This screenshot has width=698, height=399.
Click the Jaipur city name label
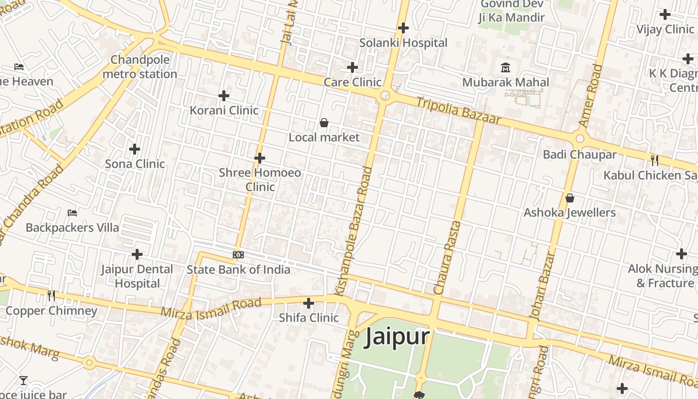pyautogui.click(x=397, y=337)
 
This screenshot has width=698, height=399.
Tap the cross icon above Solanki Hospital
pyautogui.click(x=403, y=28)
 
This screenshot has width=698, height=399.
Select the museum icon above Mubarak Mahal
pyautogui.click(x=506, y=67)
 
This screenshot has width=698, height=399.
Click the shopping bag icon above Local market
pyautogui.click(x=324, y=123)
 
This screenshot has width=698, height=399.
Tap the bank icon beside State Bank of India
pyautogui.click(x=238, y=255)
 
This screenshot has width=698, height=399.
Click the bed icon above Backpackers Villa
pyautogui.click(x=72, y=213)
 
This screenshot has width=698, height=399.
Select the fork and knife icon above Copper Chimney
pyautogui.click(x=51, y=295)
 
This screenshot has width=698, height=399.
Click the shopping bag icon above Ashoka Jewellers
pyautogui.click(x=570, y=198)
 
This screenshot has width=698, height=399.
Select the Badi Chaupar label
pyautogui.click(x=579, y=155)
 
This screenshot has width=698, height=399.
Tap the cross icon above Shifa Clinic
pyautogui.click(x=309, y=303)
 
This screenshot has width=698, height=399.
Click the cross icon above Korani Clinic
pyautogui.click(x=224, y=95)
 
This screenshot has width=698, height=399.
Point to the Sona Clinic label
pyautogui.click(x=135, y=164)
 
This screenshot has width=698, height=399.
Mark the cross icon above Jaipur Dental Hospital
pyautogui.click(x=137, y=255)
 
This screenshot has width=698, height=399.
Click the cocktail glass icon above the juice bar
pyautogui.click(x=23, y=381)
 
